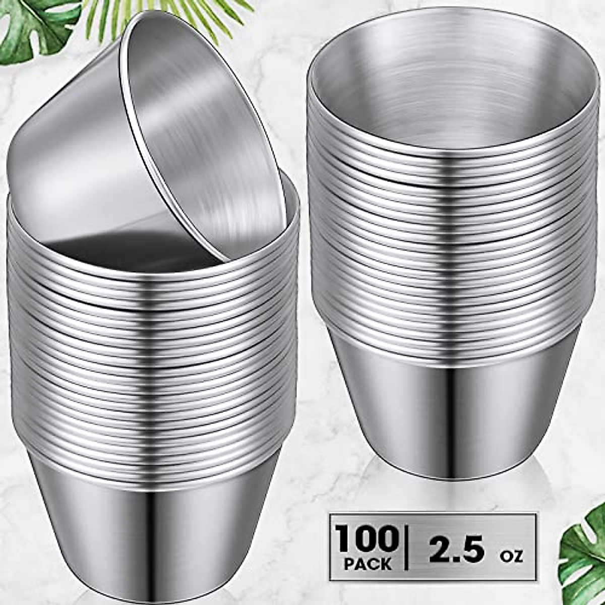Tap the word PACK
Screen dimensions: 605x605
(x=368, y=563)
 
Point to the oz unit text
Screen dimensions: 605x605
(x=512, y=556)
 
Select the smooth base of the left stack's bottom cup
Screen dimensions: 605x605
(x=151, y=529)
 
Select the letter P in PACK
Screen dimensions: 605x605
(x=350, y=563)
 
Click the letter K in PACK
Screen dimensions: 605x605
(x=386, y=563)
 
